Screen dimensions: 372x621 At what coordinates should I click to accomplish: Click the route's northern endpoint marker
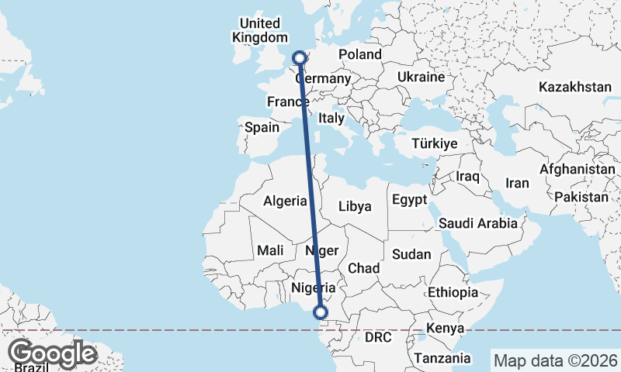299,57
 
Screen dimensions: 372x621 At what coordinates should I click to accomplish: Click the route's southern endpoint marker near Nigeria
320,313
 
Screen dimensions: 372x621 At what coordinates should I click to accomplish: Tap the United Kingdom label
260,30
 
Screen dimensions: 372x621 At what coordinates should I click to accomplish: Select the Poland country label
360,54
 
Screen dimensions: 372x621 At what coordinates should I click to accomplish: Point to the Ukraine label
420,77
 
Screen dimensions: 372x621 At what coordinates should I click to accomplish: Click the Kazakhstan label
576,87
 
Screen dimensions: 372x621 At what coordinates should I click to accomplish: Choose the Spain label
262,127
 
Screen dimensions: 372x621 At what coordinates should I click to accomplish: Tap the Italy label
331,119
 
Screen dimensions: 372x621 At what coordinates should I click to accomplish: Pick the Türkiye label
435,143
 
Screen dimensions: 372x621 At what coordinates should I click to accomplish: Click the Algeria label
285,201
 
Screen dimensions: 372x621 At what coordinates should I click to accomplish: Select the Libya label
356,206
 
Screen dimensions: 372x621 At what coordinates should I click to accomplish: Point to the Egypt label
409,200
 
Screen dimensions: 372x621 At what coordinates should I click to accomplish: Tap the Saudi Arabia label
477,223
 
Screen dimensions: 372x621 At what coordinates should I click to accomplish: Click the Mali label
270,250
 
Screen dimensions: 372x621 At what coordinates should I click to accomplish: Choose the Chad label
363,268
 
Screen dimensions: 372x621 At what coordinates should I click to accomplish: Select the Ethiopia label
453,292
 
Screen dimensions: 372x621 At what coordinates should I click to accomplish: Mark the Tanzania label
442,358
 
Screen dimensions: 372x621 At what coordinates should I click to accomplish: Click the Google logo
52,353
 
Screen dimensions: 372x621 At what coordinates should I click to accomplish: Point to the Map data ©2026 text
555,360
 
